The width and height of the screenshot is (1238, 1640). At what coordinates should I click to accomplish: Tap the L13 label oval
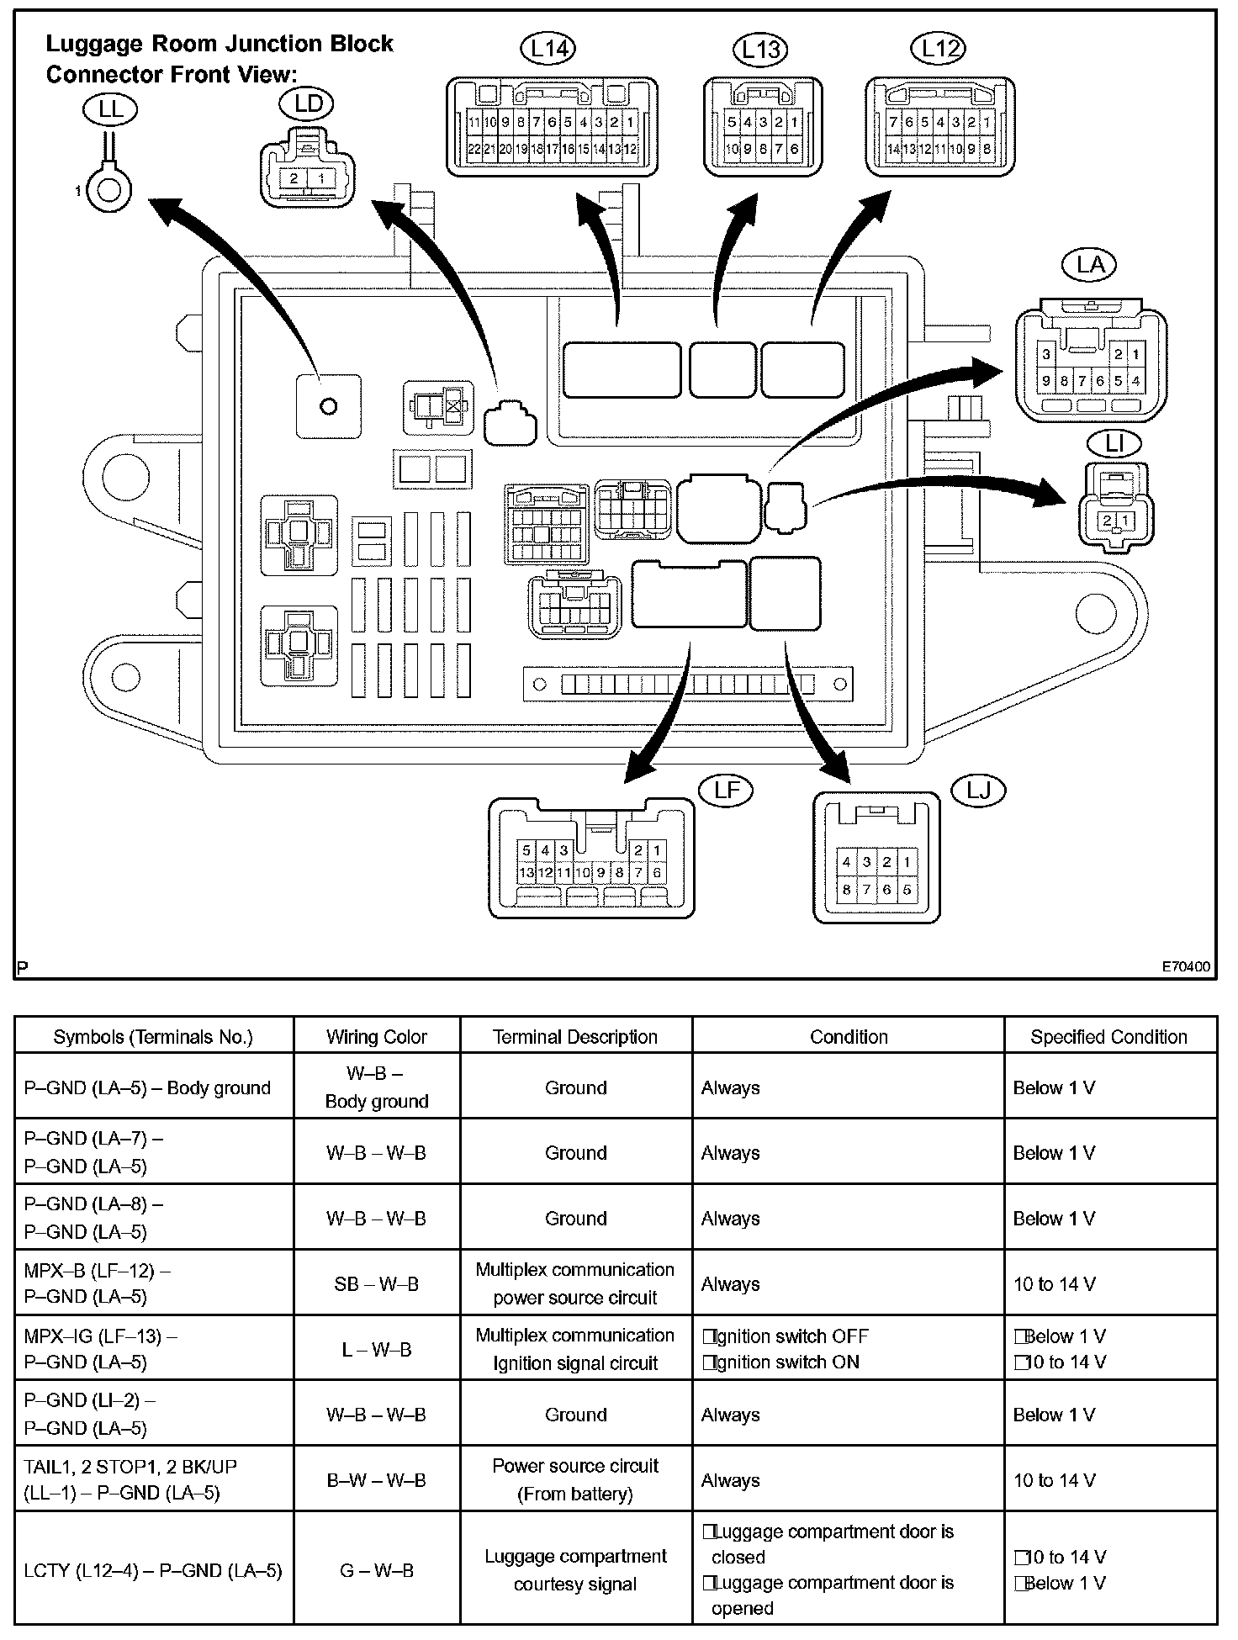760,49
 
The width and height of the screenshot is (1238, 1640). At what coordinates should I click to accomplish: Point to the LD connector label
309,103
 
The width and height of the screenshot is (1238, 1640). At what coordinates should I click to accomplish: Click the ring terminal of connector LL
108,192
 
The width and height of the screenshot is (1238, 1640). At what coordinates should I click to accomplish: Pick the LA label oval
1090,265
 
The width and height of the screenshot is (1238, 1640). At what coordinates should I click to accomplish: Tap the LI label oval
1114,443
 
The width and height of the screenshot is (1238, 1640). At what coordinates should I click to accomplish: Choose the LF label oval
727,790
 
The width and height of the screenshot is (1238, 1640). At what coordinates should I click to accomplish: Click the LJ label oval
978,791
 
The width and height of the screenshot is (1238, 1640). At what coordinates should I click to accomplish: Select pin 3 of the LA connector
1046,355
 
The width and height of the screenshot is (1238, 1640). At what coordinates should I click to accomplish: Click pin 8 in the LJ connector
847,890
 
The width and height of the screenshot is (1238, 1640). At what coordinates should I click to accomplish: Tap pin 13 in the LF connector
526,872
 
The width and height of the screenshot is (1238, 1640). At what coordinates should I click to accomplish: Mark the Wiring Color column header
377,1037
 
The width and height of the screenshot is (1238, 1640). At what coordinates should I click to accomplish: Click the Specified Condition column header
1108,1037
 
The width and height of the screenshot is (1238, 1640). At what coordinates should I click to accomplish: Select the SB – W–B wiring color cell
377,1284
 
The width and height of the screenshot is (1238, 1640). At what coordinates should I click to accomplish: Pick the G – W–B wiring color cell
377,1570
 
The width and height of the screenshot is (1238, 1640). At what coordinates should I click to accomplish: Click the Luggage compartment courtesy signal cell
575,1570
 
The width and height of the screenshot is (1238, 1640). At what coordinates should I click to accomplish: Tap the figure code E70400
1186,967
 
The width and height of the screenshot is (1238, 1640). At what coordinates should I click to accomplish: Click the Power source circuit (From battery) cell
575,1479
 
